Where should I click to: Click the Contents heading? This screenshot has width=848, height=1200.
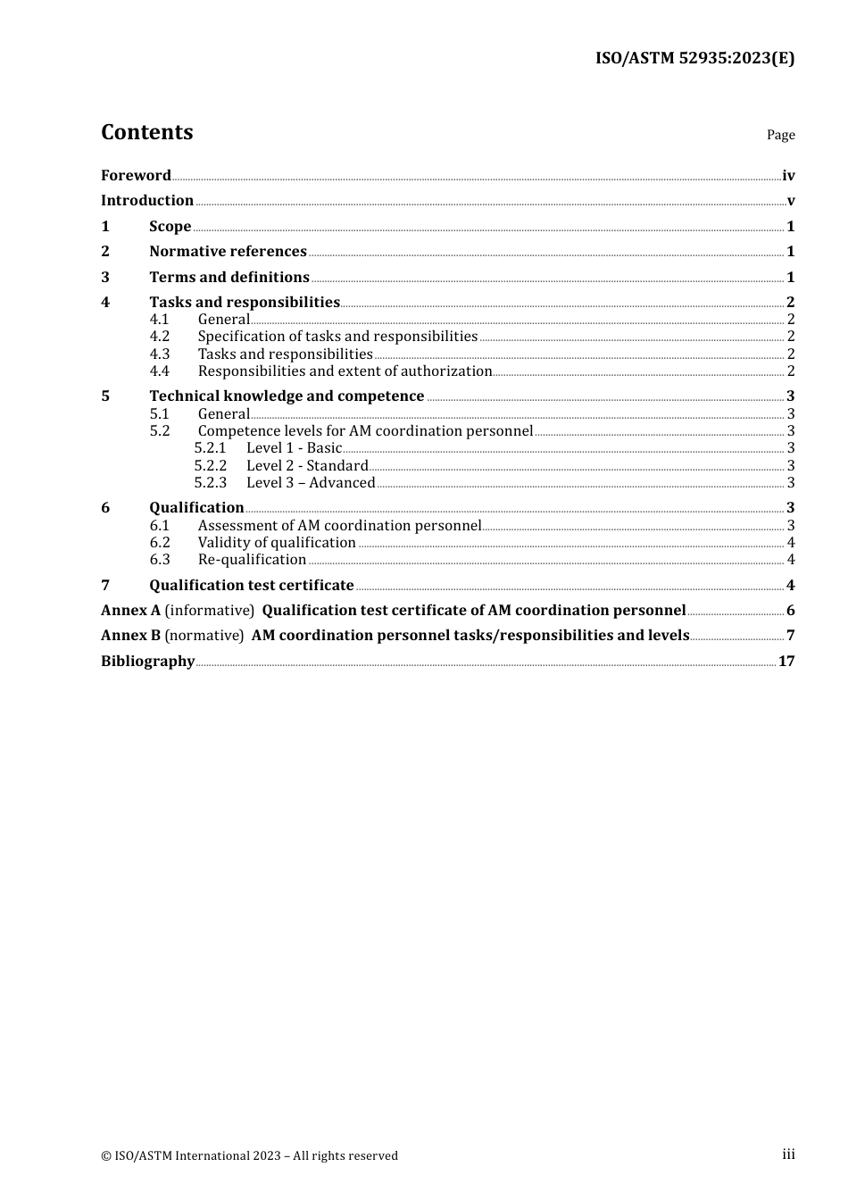146,132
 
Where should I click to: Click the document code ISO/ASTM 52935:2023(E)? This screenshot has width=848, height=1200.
694,58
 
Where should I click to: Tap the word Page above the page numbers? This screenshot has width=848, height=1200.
780,135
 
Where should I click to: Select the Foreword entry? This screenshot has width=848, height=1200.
136,175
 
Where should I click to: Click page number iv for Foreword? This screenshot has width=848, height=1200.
788,176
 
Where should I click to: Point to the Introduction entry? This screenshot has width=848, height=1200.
147,201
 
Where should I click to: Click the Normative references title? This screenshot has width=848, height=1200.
228,252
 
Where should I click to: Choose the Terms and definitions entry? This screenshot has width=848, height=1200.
229,277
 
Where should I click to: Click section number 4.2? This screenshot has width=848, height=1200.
160,337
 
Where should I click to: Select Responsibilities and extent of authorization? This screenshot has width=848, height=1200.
345,371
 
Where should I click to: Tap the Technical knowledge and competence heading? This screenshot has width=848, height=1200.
287,396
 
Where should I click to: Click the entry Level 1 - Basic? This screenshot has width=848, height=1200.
294,448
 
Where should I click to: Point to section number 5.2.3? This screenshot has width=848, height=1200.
211,483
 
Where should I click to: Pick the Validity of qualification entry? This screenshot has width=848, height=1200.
277,543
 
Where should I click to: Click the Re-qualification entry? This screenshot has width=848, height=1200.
252,560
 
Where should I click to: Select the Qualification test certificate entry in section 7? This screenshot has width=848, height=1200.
252,586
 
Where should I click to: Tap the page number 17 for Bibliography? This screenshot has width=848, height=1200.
786,662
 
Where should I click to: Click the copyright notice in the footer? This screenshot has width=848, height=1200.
250,1155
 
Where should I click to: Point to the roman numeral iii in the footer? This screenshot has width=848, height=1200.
788,1154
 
